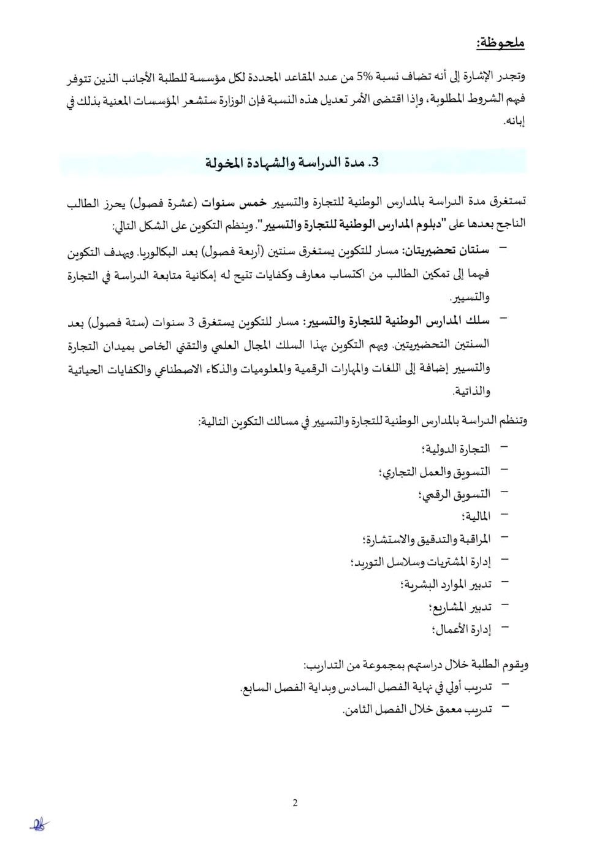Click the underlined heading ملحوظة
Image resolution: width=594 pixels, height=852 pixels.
[x=500, y=43]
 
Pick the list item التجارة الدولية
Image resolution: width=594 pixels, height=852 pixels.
[x=457, y=449]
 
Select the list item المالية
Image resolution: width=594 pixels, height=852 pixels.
[x=477, y=516]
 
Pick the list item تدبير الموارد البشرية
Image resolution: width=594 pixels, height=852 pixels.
[x=446, y=584]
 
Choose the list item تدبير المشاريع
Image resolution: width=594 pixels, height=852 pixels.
[x=460, y=607]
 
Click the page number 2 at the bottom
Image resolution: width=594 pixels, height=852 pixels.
[x=295, y=803]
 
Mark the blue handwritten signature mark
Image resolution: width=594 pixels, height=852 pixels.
[x=40, y=825]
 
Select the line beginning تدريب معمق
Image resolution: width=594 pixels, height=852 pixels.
[x=417, y=710]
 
